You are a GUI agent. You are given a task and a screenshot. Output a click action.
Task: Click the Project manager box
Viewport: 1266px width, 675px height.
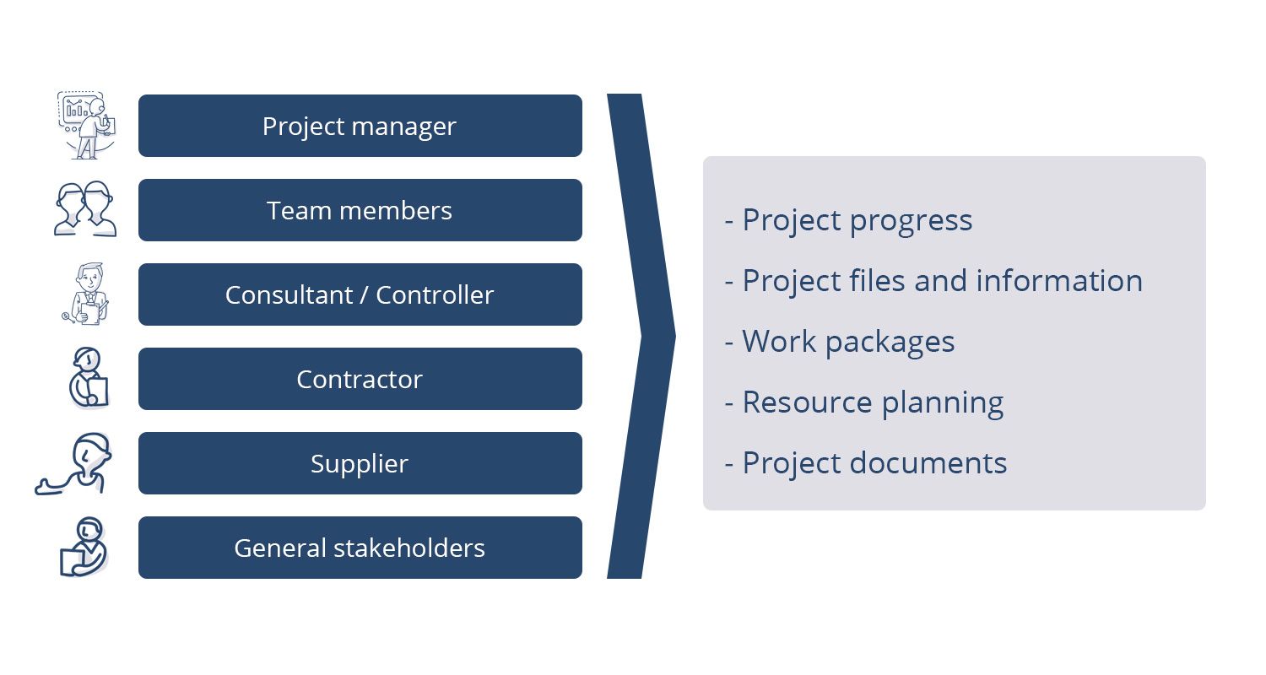[360, 126]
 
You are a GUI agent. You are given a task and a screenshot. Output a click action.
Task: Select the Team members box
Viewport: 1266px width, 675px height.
[360, 210]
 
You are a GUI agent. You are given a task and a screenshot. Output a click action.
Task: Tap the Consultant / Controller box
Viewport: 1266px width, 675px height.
[360, 294]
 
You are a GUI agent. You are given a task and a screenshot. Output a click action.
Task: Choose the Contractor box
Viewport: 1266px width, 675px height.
[360, 379]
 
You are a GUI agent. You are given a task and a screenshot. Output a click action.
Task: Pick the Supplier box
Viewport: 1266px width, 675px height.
[360, 463]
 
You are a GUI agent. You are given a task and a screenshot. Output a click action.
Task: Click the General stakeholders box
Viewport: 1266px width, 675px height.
[360, 548]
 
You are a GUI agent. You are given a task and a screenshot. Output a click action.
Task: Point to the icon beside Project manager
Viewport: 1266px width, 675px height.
[86, 125]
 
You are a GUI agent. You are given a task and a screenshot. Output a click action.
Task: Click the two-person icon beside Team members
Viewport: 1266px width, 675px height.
[85, 209]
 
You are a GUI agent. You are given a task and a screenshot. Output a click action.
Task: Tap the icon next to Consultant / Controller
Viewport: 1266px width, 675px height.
[86, 294]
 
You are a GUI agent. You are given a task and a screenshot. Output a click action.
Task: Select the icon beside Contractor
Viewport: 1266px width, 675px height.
[89, 377]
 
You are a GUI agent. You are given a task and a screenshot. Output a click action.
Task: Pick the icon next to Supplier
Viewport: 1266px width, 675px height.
[73, 464]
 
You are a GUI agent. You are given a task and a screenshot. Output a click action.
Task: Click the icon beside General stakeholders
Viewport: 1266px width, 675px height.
[84, 547]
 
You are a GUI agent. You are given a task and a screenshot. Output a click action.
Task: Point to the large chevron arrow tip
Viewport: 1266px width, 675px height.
[675, 336]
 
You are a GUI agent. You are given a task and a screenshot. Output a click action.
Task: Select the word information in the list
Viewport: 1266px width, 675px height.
[1060, 281]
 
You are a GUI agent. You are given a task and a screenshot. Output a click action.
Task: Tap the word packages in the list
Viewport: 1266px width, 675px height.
[890, 343]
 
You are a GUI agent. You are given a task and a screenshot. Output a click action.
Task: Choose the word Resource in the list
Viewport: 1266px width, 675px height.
[807, 402]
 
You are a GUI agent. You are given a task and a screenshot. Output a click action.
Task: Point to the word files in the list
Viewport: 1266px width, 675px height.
[880, 281]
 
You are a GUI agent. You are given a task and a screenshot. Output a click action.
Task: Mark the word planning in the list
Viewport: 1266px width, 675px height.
[943, 404]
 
